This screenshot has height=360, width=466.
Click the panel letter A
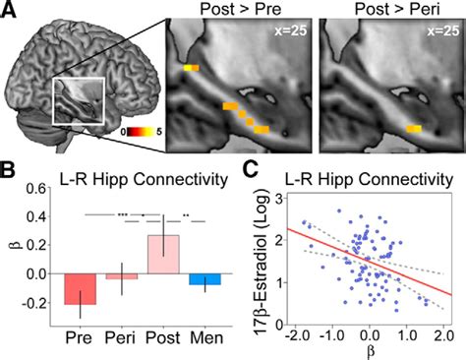point(11,13)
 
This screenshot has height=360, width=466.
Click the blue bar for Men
point(205,279)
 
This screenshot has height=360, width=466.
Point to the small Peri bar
point(122,276)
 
